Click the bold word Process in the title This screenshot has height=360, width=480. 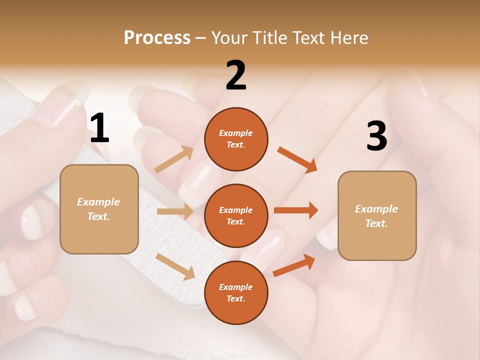click(157, 37)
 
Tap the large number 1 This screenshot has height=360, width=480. click(99, 128)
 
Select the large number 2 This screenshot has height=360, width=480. click(236, 75)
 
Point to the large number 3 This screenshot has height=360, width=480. click(376, 136)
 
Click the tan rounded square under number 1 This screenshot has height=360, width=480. click(99, 209)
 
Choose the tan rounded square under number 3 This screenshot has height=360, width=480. click(377, 215)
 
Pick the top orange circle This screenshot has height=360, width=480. click(236, 139)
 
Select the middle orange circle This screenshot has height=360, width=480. click(236, 215)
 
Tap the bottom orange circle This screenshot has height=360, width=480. click(236, 292)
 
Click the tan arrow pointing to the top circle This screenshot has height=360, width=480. click(174, 159)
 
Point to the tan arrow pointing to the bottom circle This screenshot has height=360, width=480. click(175, 266)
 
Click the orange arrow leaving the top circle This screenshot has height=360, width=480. click(297, 160)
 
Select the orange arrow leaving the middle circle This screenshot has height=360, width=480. click(296, 210)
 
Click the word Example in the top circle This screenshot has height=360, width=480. click(236, 133)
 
